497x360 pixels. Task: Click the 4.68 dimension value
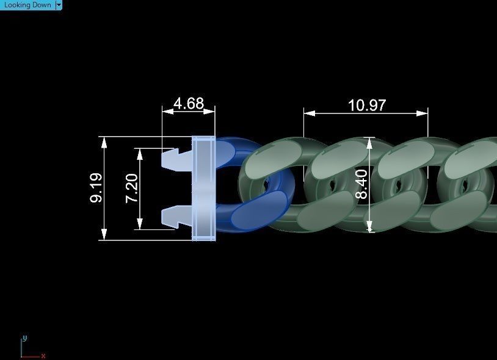tap(188, 104)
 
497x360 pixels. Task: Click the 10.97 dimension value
tap(366, 105)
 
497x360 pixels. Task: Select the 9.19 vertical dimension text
tap(96, 188)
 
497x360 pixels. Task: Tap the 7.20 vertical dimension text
tap(132, 188)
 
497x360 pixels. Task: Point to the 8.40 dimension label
tap(361, 185)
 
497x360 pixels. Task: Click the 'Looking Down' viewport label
tap(27, 5)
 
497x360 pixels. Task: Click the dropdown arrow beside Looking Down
tap(59, 5)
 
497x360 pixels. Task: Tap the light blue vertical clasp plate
tap(203, 188)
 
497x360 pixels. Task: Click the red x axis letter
tap(43, 356)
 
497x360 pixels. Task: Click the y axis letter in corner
tap(24, 337)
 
